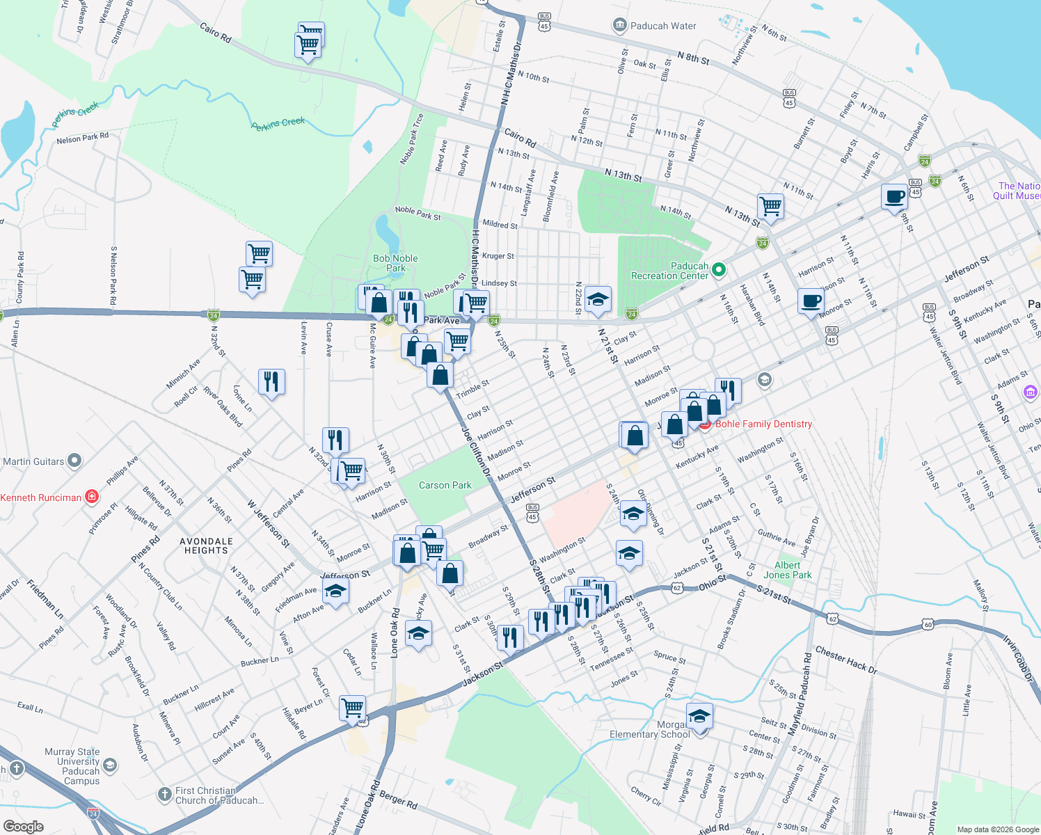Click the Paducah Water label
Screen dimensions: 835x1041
[x=662, y=26]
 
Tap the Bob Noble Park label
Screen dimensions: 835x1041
[x=395, y=263]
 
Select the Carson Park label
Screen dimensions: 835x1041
[x=445, y=485]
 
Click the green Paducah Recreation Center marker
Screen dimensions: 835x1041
[x=720, y=269]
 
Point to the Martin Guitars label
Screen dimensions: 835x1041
[x=33, y=461]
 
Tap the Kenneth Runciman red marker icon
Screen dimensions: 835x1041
[x=91, y=497]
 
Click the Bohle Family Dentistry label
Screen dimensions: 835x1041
[x=763, y=424]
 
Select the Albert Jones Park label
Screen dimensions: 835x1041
[x=787, y=570]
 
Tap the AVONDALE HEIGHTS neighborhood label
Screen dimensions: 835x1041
[x=206, y=546]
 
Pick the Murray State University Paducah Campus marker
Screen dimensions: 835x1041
[x=110, y=765]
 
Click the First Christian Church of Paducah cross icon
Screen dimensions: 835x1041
[x=164, y=794]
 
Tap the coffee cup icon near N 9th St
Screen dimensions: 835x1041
[x=894, y=197]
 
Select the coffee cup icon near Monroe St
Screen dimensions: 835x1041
[x=811, y=301]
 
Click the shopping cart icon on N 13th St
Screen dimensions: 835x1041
[x=770, y=205]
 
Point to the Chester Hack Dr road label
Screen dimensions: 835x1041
[x=846, y=660]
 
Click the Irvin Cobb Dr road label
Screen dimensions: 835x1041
[x=1020, y=657]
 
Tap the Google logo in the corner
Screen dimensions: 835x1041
[x=23, y=826]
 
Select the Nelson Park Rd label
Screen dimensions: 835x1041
[x=83, y=138]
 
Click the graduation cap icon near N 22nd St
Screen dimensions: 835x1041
[x=598, y=300]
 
